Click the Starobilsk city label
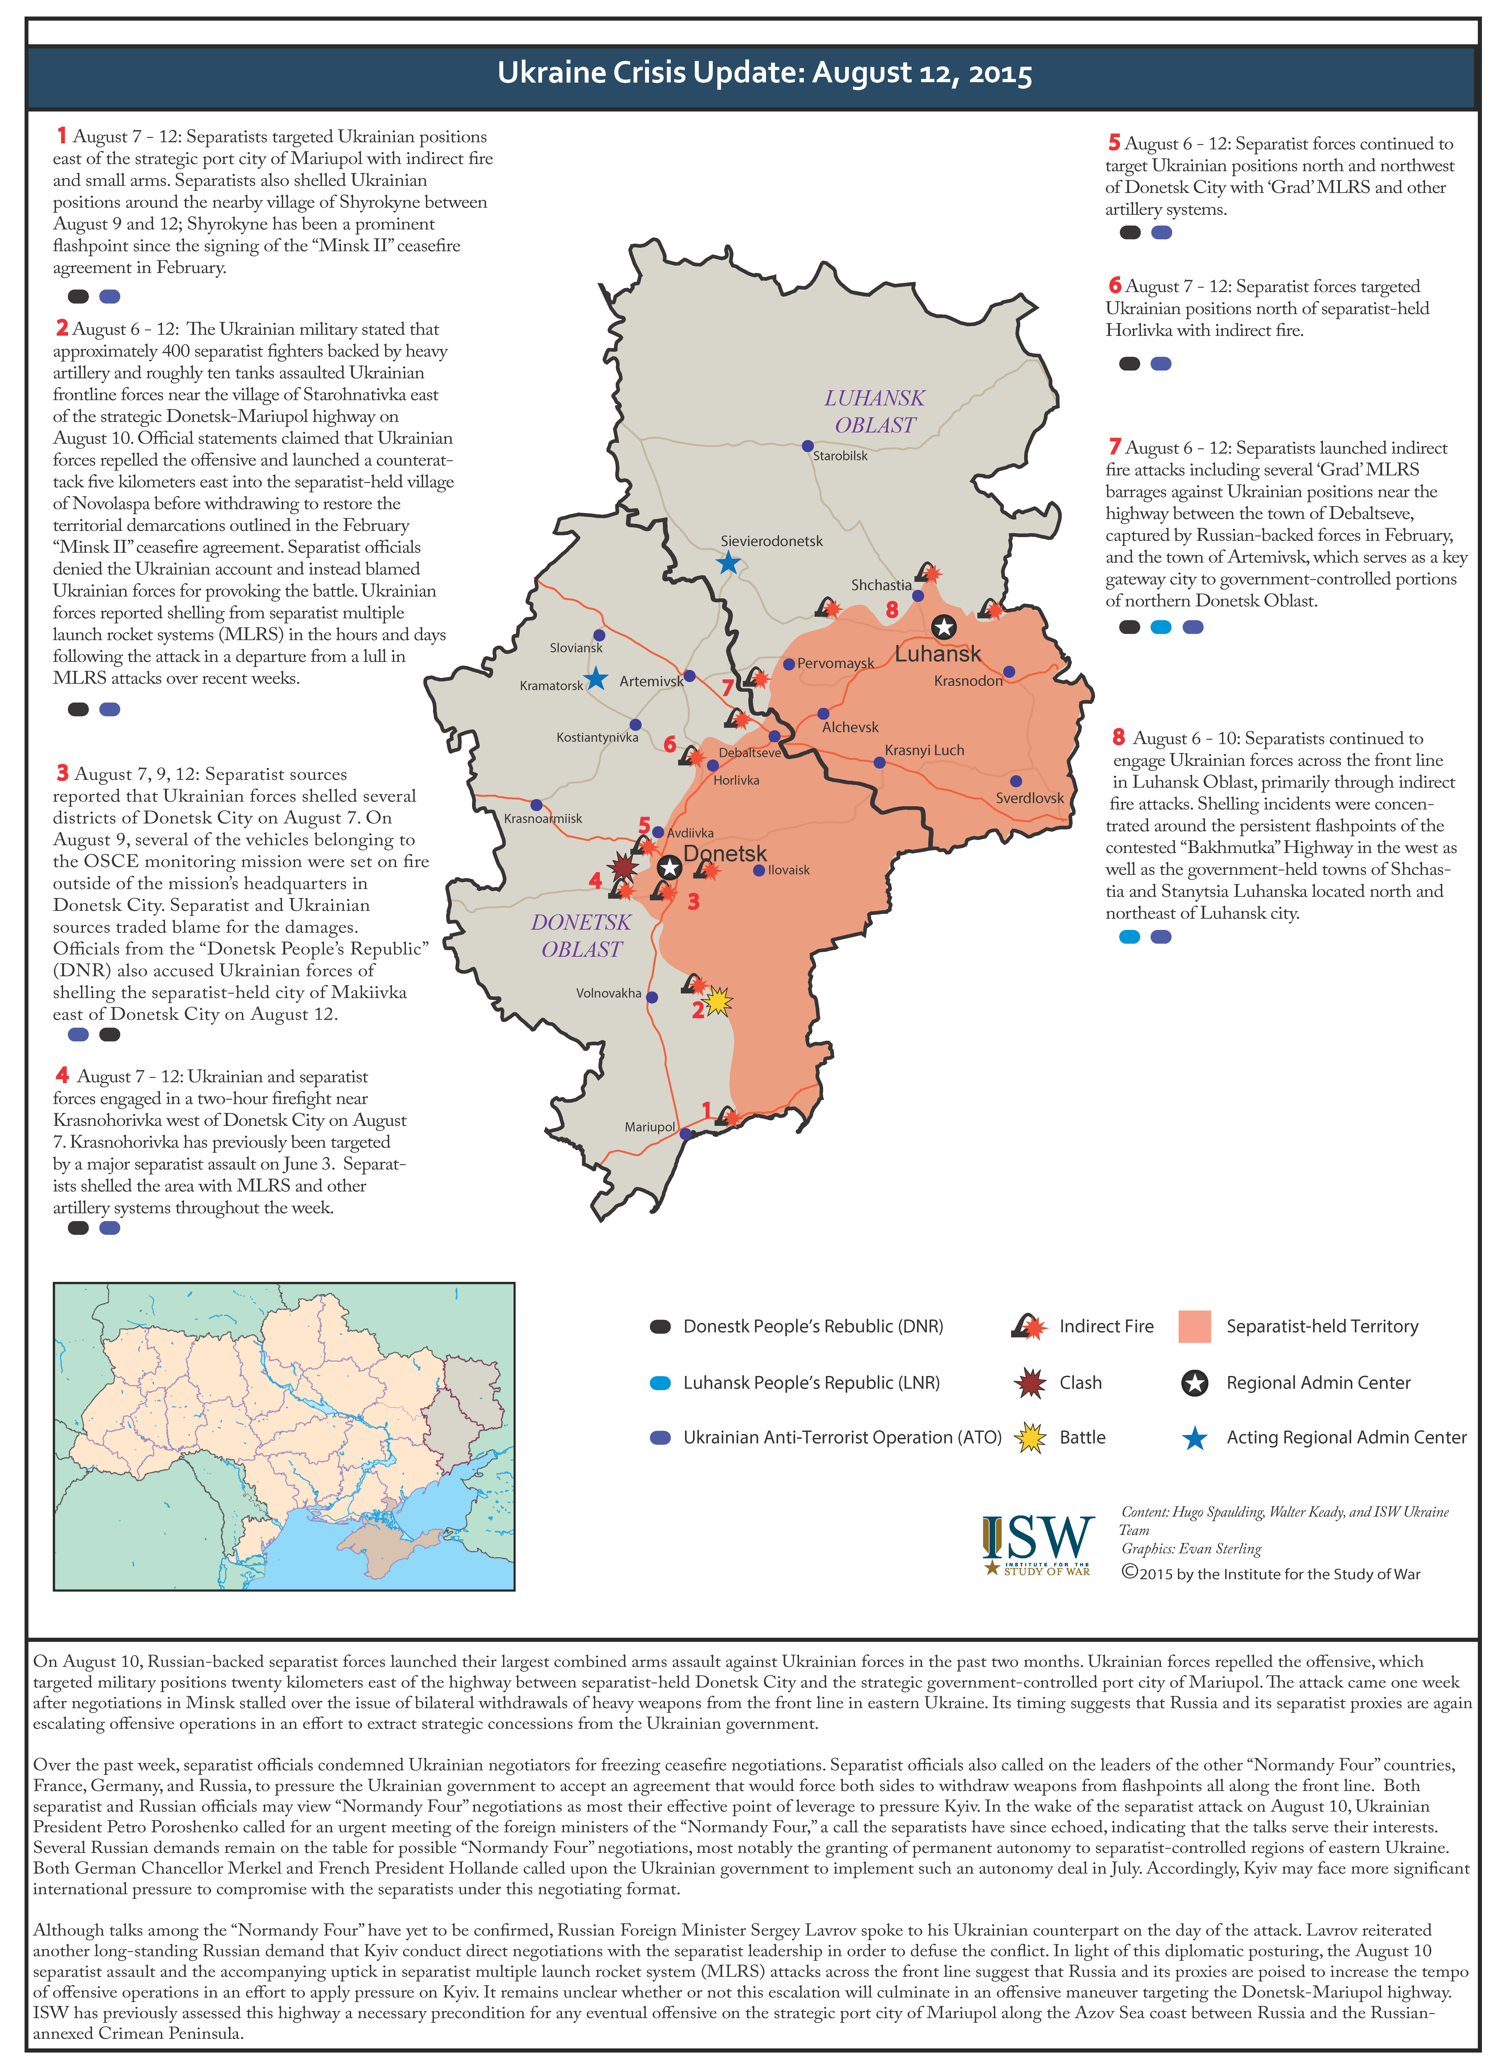point(840,456)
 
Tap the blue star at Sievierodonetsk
point(727,562)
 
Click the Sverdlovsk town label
point(1029,798)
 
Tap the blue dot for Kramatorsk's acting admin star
point(596,678)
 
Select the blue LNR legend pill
point(660,1383)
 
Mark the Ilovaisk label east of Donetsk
point(788,870)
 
